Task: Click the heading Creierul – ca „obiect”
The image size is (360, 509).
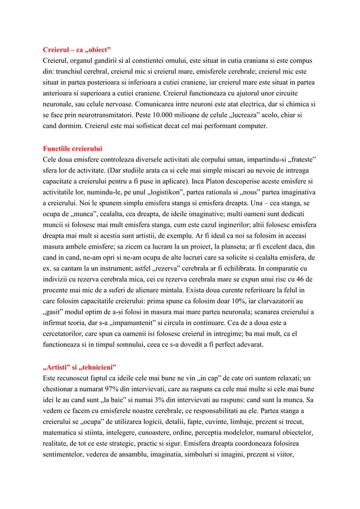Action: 77,48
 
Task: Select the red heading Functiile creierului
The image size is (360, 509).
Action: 73,148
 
